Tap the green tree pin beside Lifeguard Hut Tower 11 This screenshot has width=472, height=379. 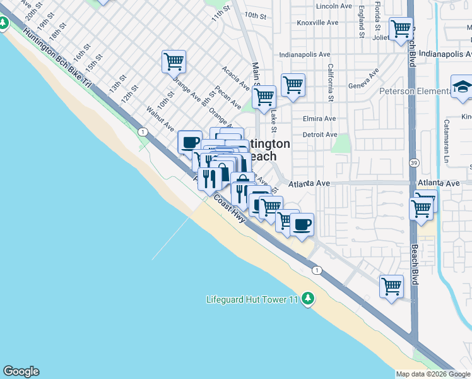[307, 298]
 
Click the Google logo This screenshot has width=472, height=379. [21, 371]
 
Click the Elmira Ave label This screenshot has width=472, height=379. [319, 119]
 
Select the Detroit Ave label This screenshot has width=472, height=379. [320, 135]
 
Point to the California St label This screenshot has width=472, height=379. [330, 82]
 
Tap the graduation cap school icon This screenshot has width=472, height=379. [462, 88]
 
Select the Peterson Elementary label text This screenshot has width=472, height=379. [413, 92]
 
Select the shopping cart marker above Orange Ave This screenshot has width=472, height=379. [174, 63]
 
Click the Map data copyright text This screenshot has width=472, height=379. [433, 374]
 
